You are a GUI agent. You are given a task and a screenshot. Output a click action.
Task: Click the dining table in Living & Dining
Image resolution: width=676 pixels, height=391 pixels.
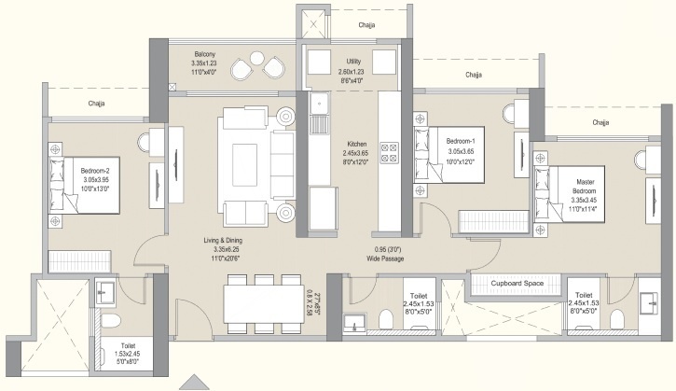[x=264, y=302]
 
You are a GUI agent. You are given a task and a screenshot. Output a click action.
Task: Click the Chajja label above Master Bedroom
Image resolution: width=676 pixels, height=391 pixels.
[x=600, y=122]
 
